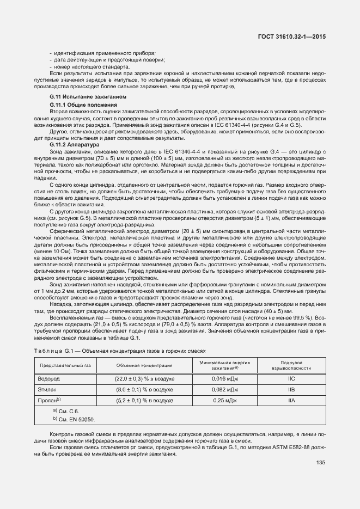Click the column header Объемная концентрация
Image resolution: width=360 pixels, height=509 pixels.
click(x=144, y=365)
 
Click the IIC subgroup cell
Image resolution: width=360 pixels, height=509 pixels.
click(x=291, y=378)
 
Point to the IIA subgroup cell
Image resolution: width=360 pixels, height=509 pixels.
click(x=291, y=401)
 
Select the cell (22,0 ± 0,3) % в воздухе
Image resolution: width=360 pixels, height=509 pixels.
click(x=144, y=378)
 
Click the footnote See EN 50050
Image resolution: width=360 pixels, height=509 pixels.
click(x=74, y=419)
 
